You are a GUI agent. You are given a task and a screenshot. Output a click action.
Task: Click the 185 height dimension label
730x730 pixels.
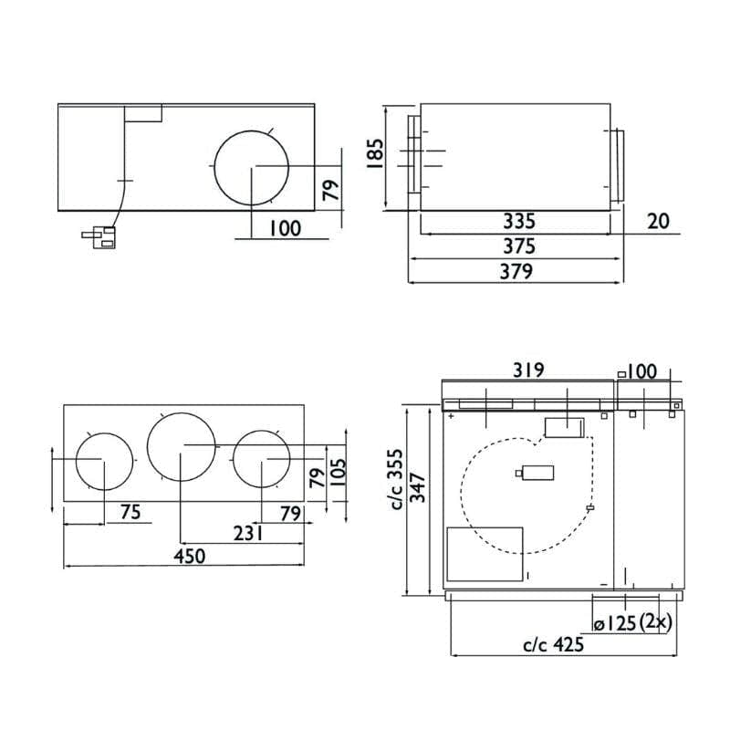(375, 153)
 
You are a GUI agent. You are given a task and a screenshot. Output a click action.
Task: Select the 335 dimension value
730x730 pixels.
(519, 221)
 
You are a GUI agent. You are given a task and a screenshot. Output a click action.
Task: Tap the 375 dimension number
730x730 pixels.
(519, 246)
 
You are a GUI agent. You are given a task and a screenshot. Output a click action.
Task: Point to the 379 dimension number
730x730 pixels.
(516, 271)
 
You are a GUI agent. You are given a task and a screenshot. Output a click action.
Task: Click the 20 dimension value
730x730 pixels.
(658, 221)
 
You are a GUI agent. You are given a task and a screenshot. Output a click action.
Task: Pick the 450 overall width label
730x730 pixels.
(190, 556)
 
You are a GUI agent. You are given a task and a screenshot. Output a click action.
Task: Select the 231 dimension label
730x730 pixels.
(248, 534)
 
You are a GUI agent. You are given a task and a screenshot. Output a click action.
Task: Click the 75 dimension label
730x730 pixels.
(130, 512)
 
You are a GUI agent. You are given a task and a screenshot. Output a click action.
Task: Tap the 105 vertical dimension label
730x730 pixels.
(339, 473)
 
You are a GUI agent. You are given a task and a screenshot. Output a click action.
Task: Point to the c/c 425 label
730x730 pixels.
(554, 644)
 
